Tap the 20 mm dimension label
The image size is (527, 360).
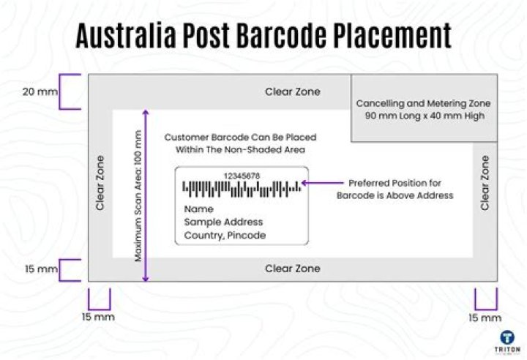coord(38,92)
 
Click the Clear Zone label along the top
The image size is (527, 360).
coord(292,92)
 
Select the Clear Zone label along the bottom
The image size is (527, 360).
coord(292,269)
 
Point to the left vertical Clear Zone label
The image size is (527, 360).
coord(100,182)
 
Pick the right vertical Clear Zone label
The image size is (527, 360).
coord(485,182)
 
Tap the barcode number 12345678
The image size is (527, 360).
coord(241,176)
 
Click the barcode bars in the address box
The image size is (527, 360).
coord(242,190)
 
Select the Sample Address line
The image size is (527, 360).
coord(223,222)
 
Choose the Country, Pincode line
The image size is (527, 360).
coord(225,235)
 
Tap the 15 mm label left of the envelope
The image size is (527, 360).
coord(41,269)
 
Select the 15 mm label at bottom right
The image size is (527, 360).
coord(485,318)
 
